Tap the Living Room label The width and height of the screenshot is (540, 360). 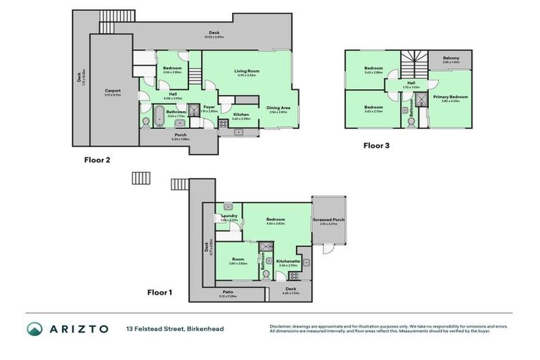point(249,71)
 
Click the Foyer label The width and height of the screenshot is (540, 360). point(210,108)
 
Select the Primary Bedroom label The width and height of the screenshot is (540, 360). point(450,96)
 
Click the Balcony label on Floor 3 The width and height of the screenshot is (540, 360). point(451,58)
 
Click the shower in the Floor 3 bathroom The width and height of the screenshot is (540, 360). point(422,99)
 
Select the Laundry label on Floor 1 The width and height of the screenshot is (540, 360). point(229,216)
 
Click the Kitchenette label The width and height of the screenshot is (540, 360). point(288,261)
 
